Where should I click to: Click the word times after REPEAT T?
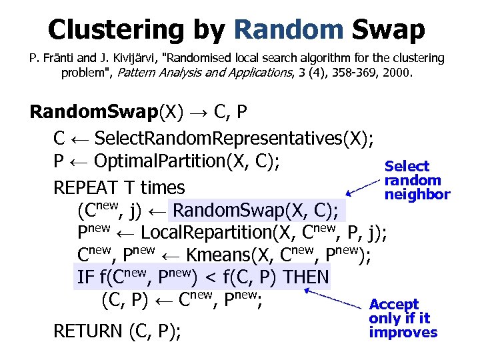163,187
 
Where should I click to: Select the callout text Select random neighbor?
417,180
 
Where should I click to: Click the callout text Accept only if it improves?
403,319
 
